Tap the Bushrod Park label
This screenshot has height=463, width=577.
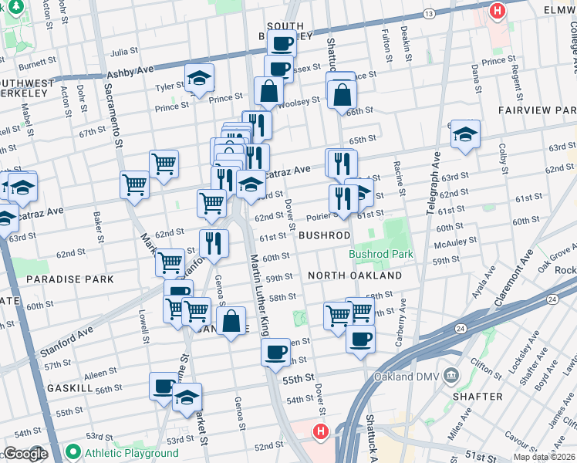380,253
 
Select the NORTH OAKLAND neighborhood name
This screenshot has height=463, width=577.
354,275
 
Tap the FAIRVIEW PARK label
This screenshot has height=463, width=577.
537,110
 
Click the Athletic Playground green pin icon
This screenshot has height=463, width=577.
74,452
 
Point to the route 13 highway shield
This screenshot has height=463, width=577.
429,14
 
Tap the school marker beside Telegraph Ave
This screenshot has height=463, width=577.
465,133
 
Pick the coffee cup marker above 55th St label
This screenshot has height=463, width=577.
275,353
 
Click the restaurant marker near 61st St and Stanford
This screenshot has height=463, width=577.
214,242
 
